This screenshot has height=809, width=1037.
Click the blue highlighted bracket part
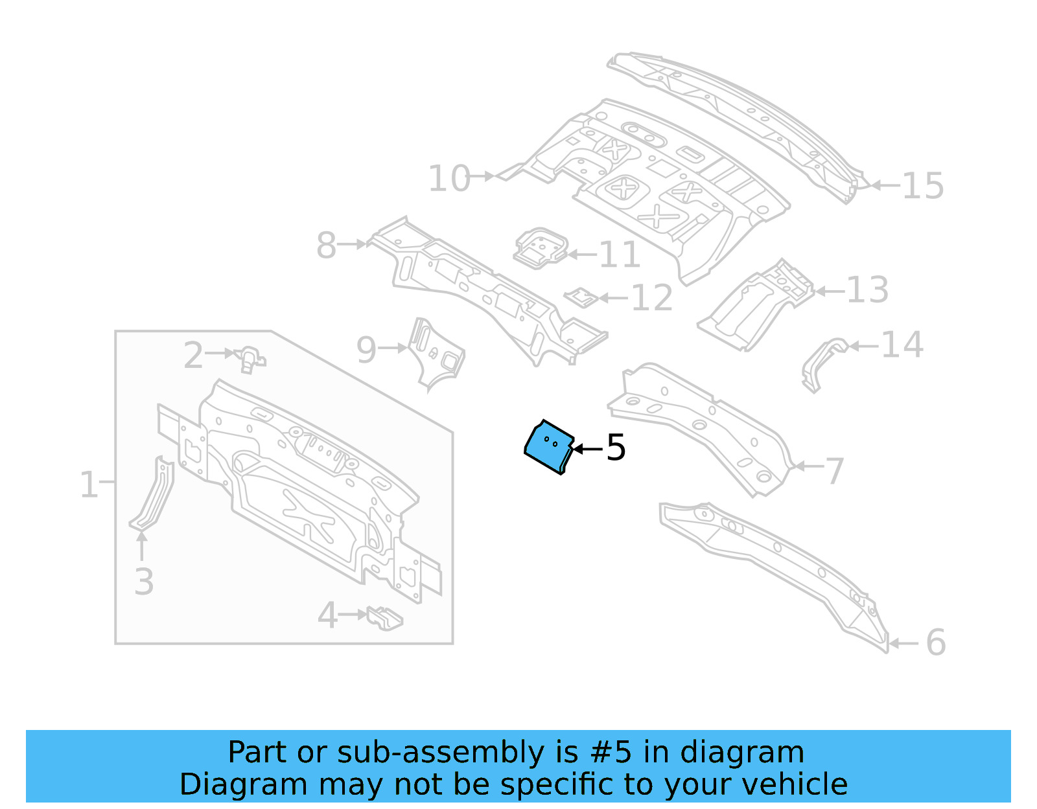[548, 448]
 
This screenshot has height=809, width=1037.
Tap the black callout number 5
[616, 448]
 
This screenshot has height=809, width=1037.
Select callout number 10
[449, 178]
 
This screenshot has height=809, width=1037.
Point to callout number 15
[922, 186]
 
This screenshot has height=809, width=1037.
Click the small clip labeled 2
[250, 358]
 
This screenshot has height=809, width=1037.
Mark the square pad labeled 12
[581, 297]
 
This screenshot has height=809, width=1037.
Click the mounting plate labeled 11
[541, 248]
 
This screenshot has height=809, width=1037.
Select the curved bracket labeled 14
[823, 363]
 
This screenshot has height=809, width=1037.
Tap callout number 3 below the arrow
[144, 581]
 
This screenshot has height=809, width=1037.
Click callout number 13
[867, 290]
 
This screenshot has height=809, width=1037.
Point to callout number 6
[935, 642]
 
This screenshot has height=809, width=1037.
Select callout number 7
[834, 471]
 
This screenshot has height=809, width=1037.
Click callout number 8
[326, 245]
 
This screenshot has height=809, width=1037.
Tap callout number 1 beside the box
[88, 484]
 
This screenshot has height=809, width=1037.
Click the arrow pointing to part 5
[587, 448]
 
